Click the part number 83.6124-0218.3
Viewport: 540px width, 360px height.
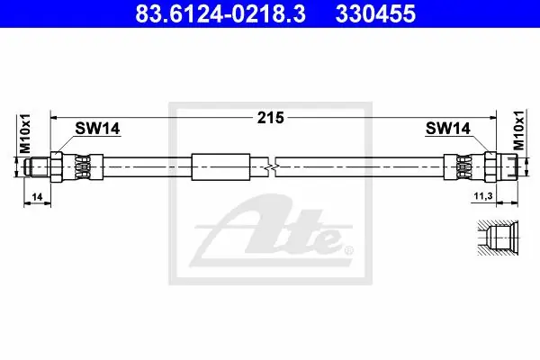click(x=220, y=13)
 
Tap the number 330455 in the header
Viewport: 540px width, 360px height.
click(x=375, y=13)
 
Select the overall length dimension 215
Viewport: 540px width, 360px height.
click(x=271, y=118)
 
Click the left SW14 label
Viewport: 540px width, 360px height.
click(x=97, y=129)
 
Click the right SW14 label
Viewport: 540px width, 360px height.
click(x=447, y=129)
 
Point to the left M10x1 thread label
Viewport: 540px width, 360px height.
click(x=25, y=134)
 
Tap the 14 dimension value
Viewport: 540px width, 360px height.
click(x=37, y=197)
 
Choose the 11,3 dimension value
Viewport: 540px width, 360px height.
click(x=483, y=196)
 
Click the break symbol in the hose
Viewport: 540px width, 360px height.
click(x=272, y=167)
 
